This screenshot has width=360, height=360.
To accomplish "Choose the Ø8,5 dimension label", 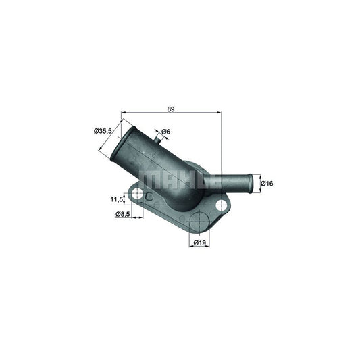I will pos(122,214).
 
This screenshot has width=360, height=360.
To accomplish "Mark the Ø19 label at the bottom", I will pos(199,242).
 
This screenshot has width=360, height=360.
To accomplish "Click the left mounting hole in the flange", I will pos(138,195).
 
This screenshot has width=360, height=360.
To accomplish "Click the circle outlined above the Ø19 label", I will pos(199,223).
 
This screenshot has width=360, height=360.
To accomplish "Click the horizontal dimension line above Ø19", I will pos(199,236).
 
